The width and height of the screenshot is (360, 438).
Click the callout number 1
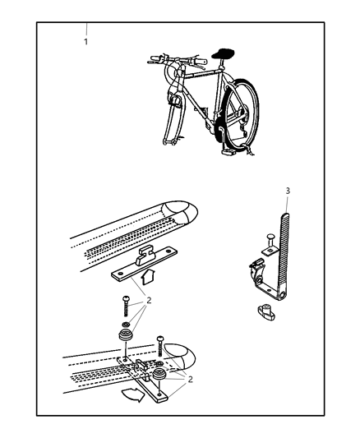coord(86,42)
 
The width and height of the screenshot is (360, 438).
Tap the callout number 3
coord(288,191)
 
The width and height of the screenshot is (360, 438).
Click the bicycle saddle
coord(223,53)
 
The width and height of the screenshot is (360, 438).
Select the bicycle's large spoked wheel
coord(242,114)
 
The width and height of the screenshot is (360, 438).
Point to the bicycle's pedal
coord(228,152)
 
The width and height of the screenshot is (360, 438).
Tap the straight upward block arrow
coord(149,277)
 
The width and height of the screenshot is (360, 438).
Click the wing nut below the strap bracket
coord(265,312)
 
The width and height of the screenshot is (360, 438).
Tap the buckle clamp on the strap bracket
coord(256,270)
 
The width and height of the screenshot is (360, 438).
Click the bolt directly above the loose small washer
coord(125,306)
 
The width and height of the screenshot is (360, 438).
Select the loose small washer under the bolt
coord(126,325)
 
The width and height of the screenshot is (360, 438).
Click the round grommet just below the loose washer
coord(126,334)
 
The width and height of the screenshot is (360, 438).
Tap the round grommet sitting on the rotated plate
coord(159,374)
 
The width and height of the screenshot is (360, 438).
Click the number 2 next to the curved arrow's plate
coord(190,380)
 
